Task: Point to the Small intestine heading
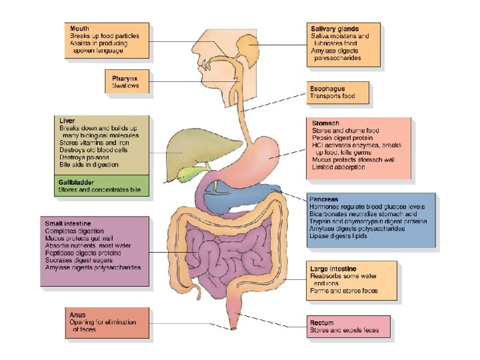coord(68,223)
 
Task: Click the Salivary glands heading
coord(335,29)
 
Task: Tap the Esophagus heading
coord(327,88)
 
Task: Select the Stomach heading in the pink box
coord(326,123)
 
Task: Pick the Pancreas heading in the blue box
coord(324,199)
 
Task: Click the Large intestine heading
coord(338,269)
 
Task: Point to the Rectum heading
coord(322,323)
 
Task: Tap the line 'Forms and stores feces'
coord(344,291)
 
